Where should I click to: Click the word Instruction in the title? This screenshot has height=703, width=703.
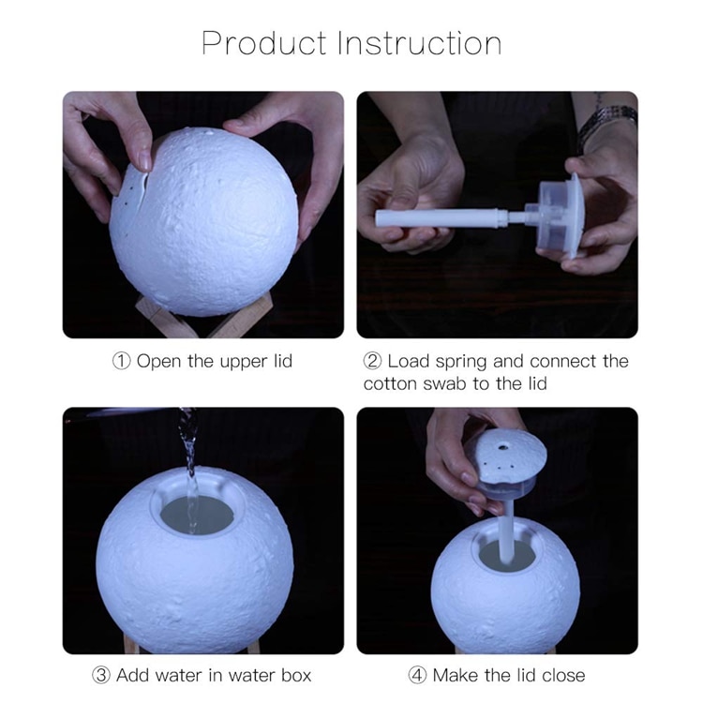point(419,43)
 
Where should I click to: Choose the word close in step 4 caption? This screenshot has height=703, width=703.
point(561,675)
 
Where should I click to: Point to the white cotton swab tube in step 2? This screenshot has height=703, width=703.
point(441,218)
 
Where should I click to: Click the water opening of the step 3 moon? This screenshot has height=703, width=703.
point(195,515)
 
